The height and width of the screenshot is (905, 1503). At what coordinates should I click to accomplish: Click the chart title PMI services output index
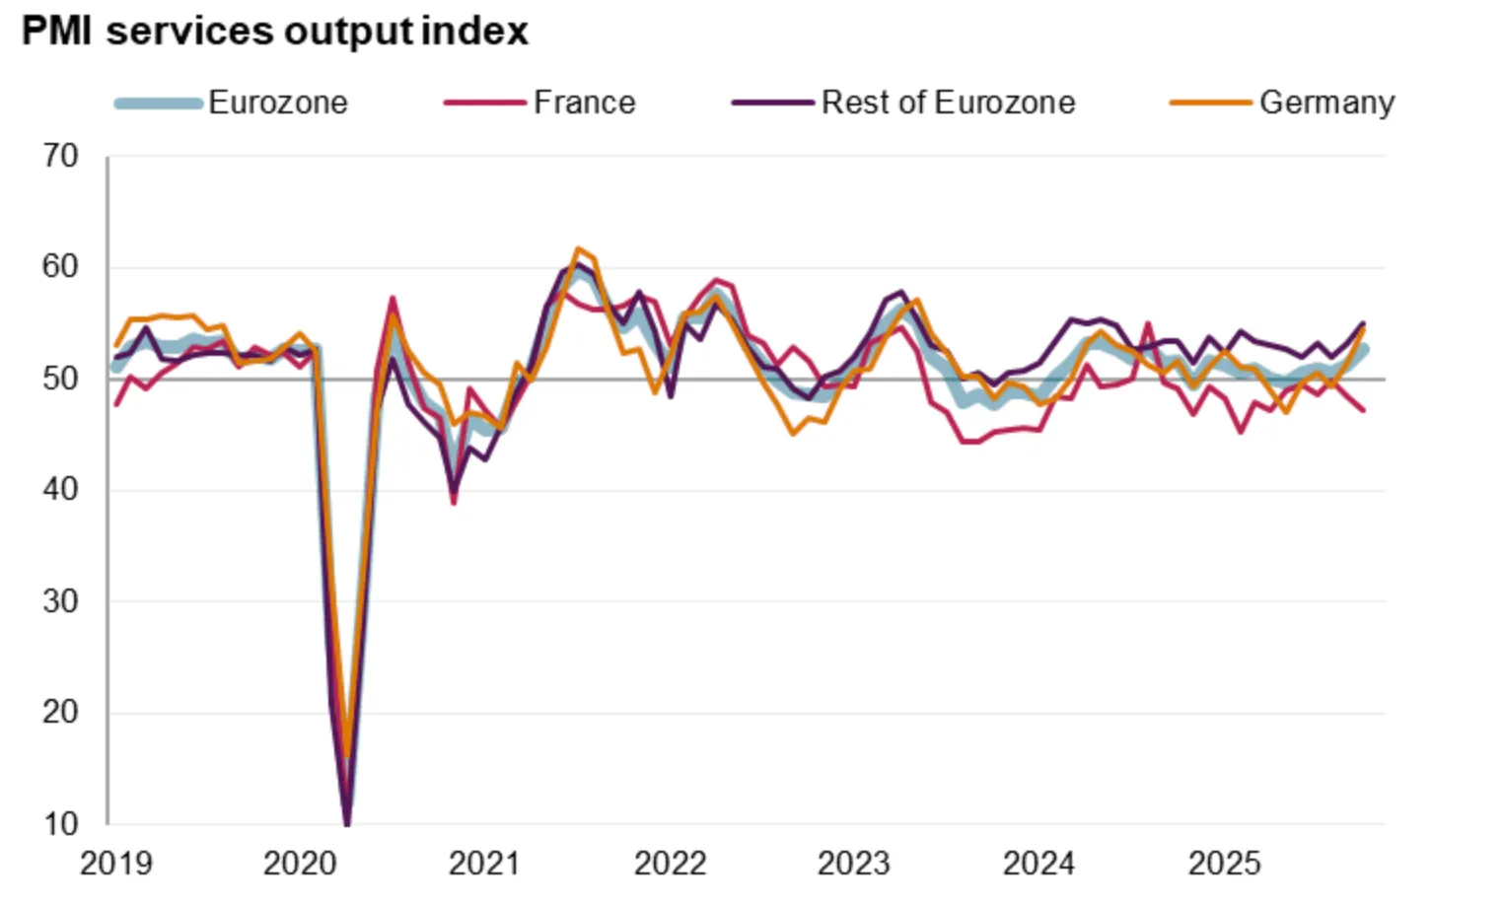click(x=275, y=32)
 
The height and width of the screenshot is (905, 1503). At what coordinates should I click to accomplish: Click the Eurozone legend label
click(x=277, y=103)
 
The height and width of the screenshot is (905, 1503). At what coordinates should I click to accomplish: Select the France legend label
click(x=584, y=103)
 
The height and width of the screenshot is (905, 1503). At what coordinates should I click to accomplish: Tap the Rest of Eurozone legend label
click(x=948, y=103)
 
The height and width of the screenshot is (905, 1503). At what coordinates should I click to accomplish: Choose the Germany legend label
click(x=1326, y=103)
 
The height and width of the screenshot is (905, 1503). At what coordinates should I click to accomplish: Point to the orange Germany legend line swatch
click(x=1210, y=103)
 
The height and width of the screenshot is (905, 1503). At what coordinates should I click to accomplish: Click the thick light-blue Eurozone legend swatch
click(x=159, y=103)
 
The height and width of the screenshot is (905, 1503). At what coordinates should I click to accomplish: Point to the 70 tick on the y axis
click(x=60, y=156)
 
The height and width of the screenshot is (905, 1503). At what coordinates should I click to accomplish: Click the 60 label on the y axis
click(x=60, y=267)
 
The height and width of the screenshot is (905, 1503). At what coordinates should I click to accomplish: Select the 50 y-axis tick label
click(x=60, y=379)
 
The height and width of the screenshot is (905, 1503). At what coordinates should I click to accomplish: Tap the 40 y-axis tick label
click(x=60, y=490)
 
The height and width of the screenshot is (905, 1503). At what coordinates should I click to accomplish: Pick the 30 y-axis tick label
click(x=60, y=601)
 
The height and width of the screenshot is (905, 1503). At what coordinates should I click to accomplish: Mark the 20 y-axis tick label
click(x=60, y=712)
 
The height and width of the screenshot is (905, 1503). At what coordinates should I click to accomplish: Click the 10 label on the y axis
click(x=60, y=823)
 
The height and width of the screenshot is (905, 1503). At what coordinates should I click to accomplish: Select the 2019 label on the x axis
click(x=116, y=864)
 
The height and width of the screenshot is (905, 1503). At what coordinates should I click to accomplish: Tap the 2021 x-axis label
click(x=484, y=864)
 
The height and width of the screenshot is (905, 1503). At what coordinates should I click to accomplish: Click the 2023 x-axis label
click(x=853, y=864)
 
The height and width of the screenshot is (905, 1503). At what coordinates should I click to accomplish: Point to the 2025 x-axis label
click(x=1224, y=864)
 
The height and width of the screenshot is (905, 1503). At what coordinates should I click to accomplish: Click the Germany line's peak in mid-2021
click(x=578, y=249)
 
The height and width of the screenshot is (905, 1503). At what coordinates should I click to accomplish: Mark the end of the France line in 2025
click(x=1364, y=410)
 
